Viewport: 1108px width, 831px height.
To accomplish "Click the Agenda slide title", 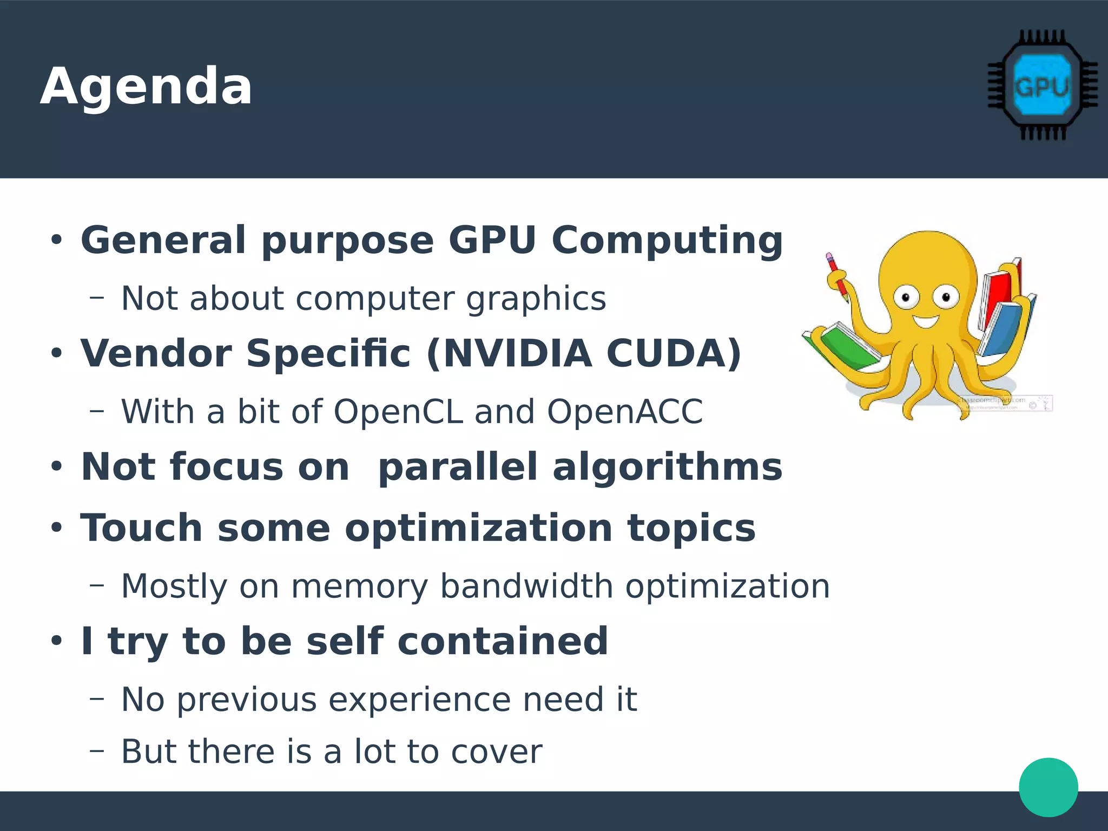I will (146, 87).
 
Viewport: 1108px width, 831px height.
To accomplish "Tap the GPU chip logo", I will (1042, 85).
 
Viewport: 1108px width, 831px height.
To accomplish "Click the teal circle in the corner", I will (1048, 787).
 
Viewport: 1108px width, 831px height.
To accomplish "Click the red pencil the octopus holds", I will (836, 276).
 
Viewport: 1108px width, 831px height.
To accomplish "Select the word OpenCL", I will (398, 412).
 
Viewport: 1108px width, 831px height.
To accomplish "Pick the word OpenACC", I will (624, 412).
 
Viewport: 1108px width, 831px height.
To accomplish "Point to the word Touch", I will (141, 528).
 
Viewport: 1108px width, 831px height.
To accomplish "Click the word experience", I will (419, 700).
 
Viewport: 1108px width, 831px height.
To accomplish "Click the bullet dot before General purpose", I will (57, 240).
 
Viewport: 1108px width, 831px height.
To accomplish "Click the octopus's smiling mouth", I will (926, 321).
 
